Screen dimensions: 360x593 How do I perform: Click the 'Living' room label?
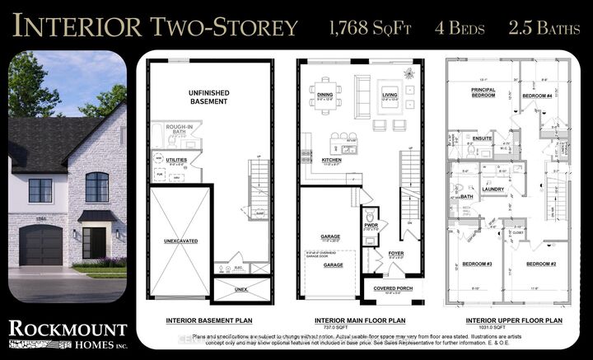coord(389,96)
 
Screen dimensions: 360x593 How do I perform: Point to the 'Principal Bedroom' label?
coord(483,92)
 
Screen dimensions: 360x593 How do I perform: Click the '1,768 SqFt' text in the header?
coord(359,27)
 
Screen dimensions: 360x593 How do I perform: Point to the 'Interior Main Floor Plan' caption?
coord(363,320)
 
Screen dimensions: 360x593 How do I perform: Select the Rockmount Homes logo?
coord(68,334)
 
